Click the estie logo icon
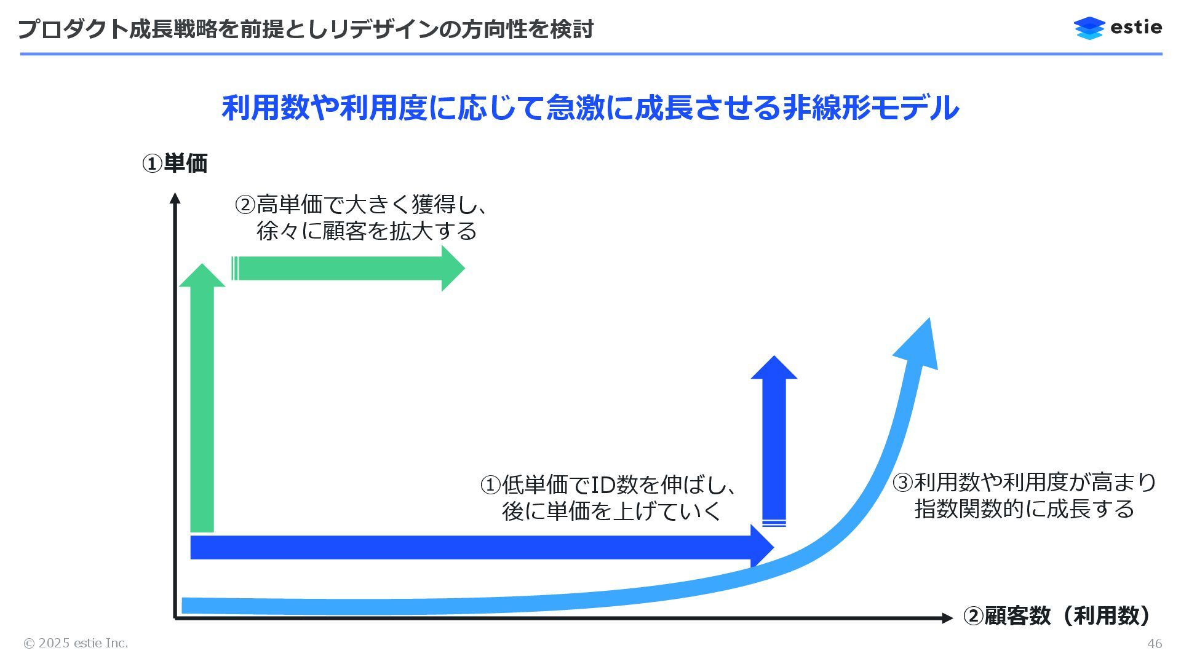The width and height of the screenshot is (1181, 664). click(x=1089, y=28)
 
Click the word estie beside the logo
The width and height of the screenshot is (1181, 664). click(x=1137, y=28)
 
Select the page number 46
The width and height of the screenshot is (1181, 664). click(x=1155, y=643)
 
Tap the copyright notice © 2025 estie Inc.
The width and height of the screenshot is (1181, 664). click(x=76, y=643)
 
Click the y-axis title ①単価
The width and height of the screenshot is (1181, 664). click(x=175, y=164)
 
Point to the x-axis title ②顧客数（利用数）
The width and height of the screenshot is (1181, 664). click(x=1056, y=615)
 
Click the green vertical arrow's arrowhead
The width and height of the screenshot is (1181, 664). click(x=202, y=276)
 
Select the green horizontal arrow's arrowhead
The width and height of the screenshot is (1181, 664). click(x=452, y=268)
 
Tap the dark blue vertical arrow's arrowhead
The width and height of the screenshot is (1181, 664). click(x=774, y=368)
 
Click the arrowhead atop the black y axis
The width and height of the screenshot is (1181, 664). click(x=175, y=198)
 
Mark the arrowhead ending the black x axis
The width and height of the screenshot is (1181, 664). click(x=947, y=618)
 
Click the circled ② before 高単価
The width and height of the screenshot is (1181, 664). click(x=245, y=205)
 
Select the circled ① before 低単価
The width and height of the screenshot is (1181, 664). click(x=490, y=485)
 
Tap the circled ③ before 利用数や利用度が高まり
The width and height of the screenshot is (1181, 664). click(x=902, y=483)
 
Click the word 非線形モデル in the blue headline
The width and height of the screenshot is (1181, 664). click(x=870, y=108)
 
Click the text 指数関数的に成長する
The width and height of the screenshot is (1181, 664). click(x=1024, y=509)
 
